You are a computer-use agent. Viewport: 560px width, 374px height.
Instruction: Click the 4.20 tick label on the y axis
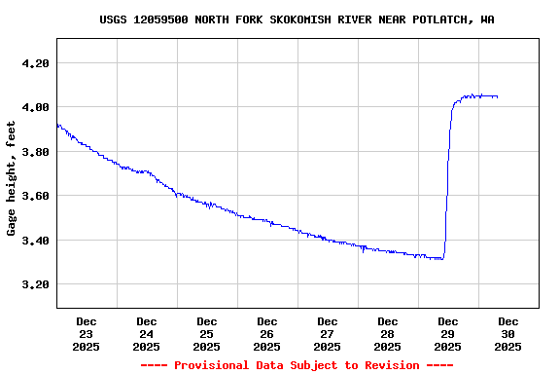click(35, 63)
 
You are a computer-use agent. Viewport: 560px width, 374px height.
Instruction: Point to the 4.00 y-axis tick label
click(35, 107)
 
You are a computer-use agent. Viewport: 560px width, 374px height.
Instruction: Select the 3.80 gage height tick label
click(35, 152)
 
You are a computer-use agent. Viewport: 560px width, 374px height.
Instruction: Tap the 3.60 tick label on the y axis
click(35, 196)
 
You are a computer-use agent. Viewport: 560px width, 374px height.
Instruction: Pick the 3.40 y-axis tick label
click(35, 241)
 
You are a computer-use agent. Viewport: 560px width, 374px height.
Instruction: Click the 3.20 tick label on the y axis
click(35, 284)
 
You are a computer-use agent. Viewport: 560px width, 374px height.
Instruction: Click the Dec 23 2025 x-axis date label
click(87, 333)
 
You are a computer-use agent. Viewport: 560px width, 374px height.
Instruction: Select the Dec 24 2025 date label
click(147, 333)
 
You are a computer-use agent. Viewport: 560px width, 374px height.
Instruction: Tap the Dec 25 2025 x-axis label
click(207, 333)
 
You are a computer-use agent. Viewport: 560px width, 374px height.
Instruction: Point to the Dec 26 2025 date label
click(267, 333)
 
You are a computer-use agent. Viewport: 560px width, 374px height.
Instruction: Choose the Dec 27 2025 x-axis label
click(328, 333)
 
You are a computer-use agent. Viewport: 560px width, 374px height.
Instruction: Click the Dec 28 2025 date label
click(388, 333)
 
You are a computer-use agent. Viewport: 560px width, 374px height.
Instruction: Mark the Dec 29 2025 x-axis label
click(448, 333)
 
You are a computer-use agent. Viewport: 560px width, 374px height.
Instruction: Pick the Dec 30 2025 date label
click(508, 333)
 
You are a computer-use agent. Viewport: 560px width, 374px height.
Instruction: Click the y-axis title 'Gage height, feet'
click(12, 178)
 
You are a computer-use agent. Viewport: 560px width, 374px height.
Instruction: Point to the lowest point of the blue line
click(439, 259)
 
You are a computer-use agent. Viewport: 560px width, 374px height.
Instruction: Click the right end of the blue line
click(498, 96)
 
